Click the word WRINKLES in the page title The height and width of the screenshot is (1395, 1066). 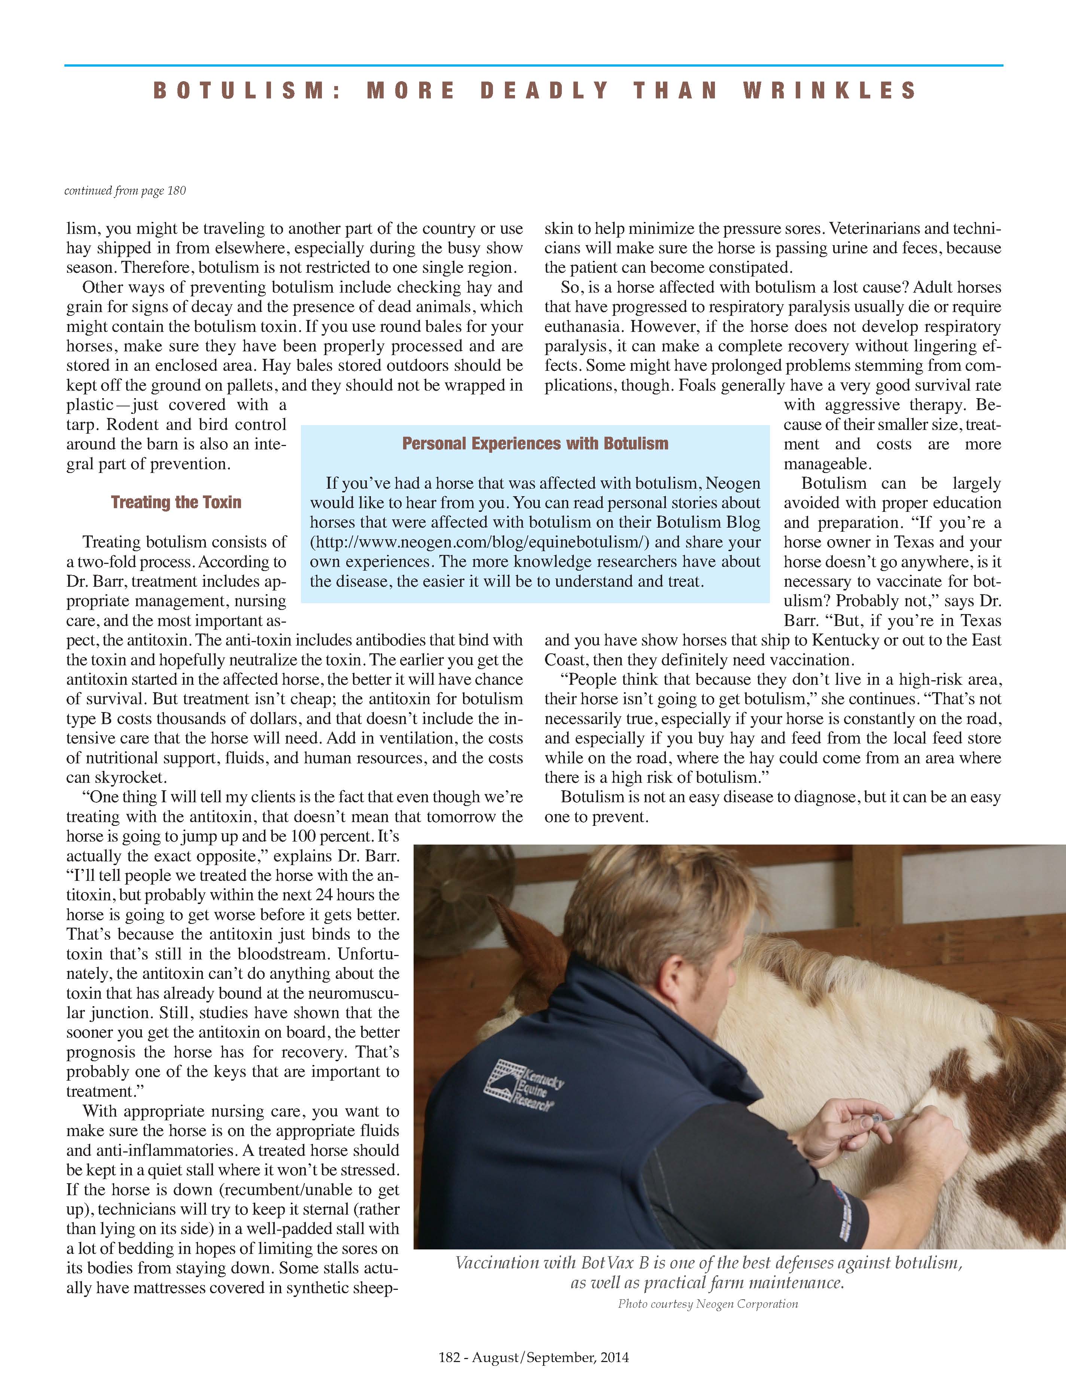tap(829, 91)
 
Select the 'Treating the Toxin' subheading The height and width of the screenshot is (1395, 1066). tap(176, 503)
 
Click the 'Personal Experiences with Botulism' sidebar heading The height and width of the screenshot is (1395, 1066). tap(535, 443)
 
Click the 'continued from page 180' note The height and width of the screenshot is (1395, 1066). tap(125, 191)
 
